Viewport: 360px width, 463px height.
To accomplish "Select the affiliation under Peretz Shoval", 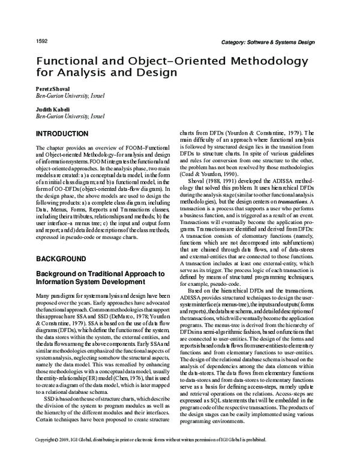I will click(69, 95).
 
